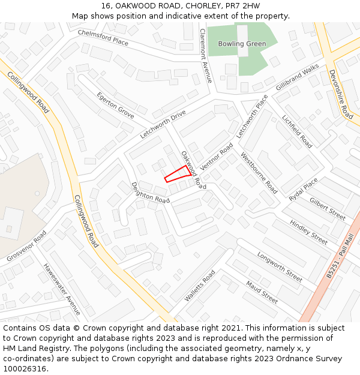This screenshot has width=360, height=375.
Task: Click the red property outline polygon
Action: pos(178,174)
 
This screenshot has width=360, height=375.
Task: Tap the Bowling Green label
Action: pos(242,44)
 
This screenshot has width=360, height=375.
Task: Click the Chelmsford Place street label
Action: pos(103,38)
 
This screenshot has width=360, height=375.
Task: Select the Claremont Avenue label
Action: pos(206,55)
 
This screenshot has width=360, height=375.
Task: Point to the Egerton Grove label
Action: pos(116,104)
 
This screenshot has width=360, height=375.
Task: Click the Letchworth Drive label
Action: pos(163,125)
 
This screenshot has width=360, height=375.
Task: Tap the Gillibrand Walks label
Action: pos(298,78)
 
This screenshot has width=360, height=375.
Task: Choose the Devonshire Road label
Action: pos(341,94)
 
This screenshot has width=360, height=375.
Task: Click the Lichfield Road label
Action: pos(297,131)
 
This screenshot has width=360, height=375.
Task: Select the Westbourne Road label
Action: pos(259,173)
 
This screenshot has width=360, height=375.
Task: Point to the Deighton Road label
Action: pos(151,193)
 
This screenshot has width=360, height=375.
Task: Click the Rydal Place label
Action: pos(303,190)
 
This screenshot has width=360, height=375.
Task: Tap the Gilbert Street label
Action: pos(328,209)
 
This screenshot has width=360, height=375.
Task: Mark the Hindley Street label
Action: pos(309,232)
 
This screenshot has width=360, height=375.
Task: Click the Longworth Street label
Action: pos(280,267)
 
